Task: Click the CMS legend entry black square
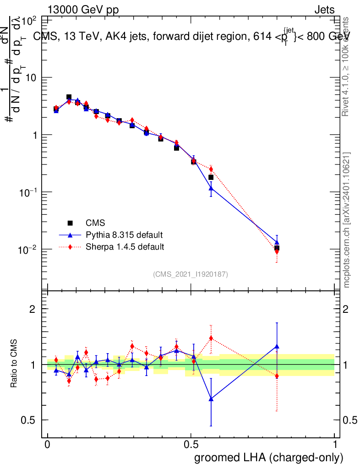coord(70,223)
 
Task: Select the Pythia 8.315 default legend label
coord(124,235)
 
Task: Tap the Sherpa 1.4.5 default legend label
coord(125,247)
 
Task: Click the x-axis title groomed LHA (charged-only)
coord(269,458)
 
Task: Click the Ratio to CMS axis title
coord(14,364)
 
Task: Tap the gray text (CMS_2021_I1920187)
coord(191,274)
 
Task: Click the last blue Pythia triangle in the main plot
coord(277,242)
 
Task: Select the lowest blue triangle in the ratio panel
coord(211,399)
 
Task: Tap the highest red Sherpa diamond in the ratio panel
coord(211,338)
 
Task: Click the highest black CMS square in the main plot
coord(69,97)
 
